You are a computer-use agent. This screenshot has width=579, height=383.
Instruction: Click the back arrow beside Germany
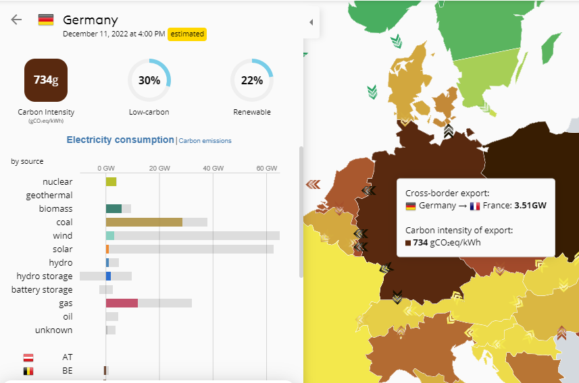16,20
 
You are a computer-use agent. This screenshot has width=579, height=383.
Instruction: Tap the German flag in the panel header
46,20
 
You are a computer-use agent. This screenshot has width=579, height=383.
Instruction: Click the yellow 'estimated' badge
186,34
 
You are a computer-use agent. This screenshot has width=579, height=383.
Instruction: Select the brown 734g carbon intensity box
46,80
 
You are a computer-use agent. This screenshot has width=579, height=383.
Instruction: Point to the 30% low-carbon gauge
149,80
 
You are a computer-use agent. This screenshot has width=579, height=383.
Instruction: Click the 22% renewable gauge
251,80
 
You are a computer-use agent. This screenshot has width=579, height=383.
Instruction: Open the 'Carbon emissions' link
205,141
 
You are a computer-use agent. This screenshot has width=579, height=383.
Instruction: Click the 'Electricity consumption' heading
120,140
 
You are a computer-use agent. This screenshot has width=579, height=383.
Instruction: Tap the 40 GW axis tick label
213,168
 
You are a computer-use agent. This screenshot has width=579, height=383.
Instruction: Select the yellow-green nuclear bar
111,181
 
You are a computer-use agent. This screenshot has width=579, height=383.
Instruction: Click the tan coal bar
144,222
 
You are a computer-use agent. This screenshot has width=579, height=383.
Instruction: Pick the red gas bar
122,303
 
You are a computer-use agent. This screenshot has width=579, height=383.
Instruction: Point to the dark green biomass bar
114,208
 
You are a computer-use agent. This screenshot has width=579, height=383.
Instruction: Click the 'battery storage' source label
42,290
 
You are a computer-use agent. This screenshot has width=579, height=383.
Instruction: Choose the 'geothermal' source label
49,195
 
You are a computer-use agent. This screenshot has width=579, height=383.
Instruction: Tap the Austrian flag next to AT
28,357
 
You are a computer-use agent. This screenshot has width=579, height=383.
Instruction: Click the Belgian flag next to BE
28,370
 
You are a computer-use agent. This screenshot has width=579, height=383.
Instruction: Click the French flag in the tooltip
475,206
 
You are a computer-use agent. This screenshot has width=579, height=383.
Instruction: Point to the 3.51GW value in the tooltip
530,206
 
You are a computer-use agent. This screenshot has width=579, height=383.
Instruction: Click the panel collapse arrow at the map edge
311,22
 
